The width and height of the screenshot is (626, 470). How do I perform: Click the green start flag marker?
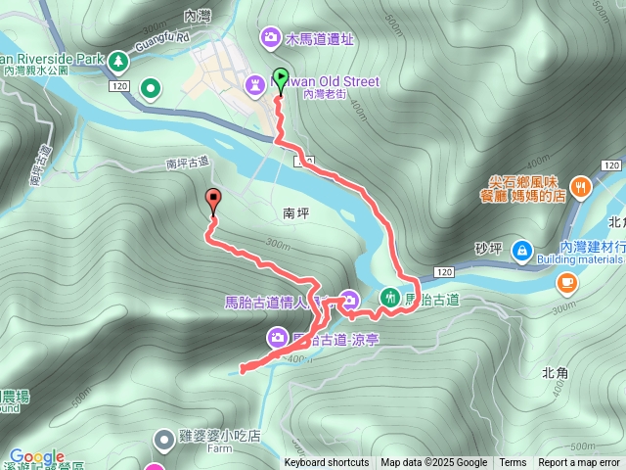coord(282,77)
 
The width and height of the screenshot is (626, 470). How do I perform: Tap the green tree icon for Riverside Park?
coord(119,61)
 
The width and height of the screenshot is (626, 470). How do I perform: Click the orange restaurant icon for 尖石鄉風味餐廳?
coord(581,185)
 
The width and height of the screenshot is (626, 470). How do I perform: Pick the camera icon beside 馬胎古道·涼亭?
coord(278,338)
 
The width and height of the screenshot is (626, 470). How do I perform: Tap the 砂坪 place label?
coord(487,249)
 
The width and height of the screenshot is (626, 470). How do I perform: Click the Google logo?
coord(37,457)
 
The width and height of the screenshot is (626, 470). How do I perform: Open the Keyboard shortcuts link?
coord(327,463)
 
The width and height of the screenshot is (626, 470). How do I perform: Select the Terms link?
coord(513,463)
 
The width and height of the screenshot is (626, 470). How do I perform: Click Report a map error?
coord(580,463)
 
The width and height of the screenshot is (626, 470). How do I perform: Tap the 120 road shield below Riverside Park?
coord(119,87)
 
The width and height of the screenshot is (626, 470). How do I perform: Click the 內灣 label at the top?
coord(197,16)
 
